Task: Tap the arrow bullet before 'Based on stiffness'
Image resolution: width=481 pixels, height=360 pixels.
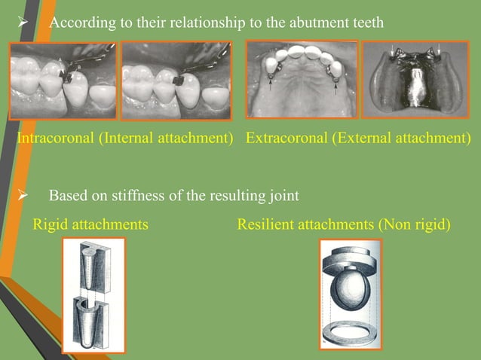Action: click(22, 196)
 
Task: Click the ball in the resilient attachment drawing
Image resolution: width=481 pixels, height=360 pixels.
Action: click(351, 288)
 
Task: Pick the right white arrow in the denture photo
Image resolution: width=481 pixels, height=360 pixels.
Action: click(439, 50)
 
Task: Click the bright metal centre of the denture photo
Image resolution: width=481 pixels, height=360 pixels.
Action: click(415, 90)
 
